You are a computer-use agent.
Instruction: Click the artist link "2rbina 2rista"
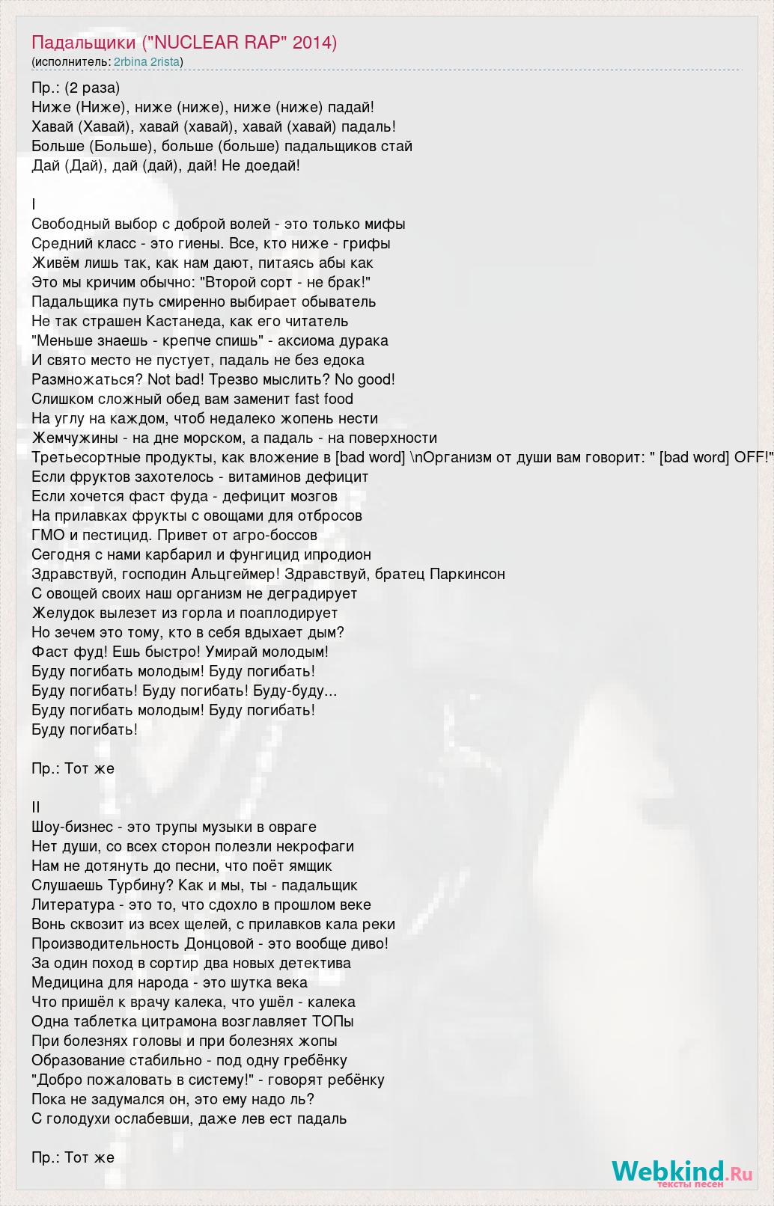pos(147,61)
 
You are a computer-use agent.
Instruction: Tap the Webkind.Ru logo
pos(681,1172)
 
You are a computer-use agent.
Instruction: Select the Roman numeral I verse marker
pos(34,204)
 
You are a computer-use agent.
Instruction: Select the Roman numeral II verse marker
pos(36,807)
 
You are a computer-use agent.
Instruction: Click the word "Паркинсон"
pos(467,574)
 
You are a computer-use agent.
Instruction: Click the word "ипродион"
pos(337,554)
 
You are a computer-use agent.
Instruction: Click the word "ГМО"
pos(49,535)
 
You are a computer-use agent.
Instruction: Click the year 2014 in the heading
pos(315,43)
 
